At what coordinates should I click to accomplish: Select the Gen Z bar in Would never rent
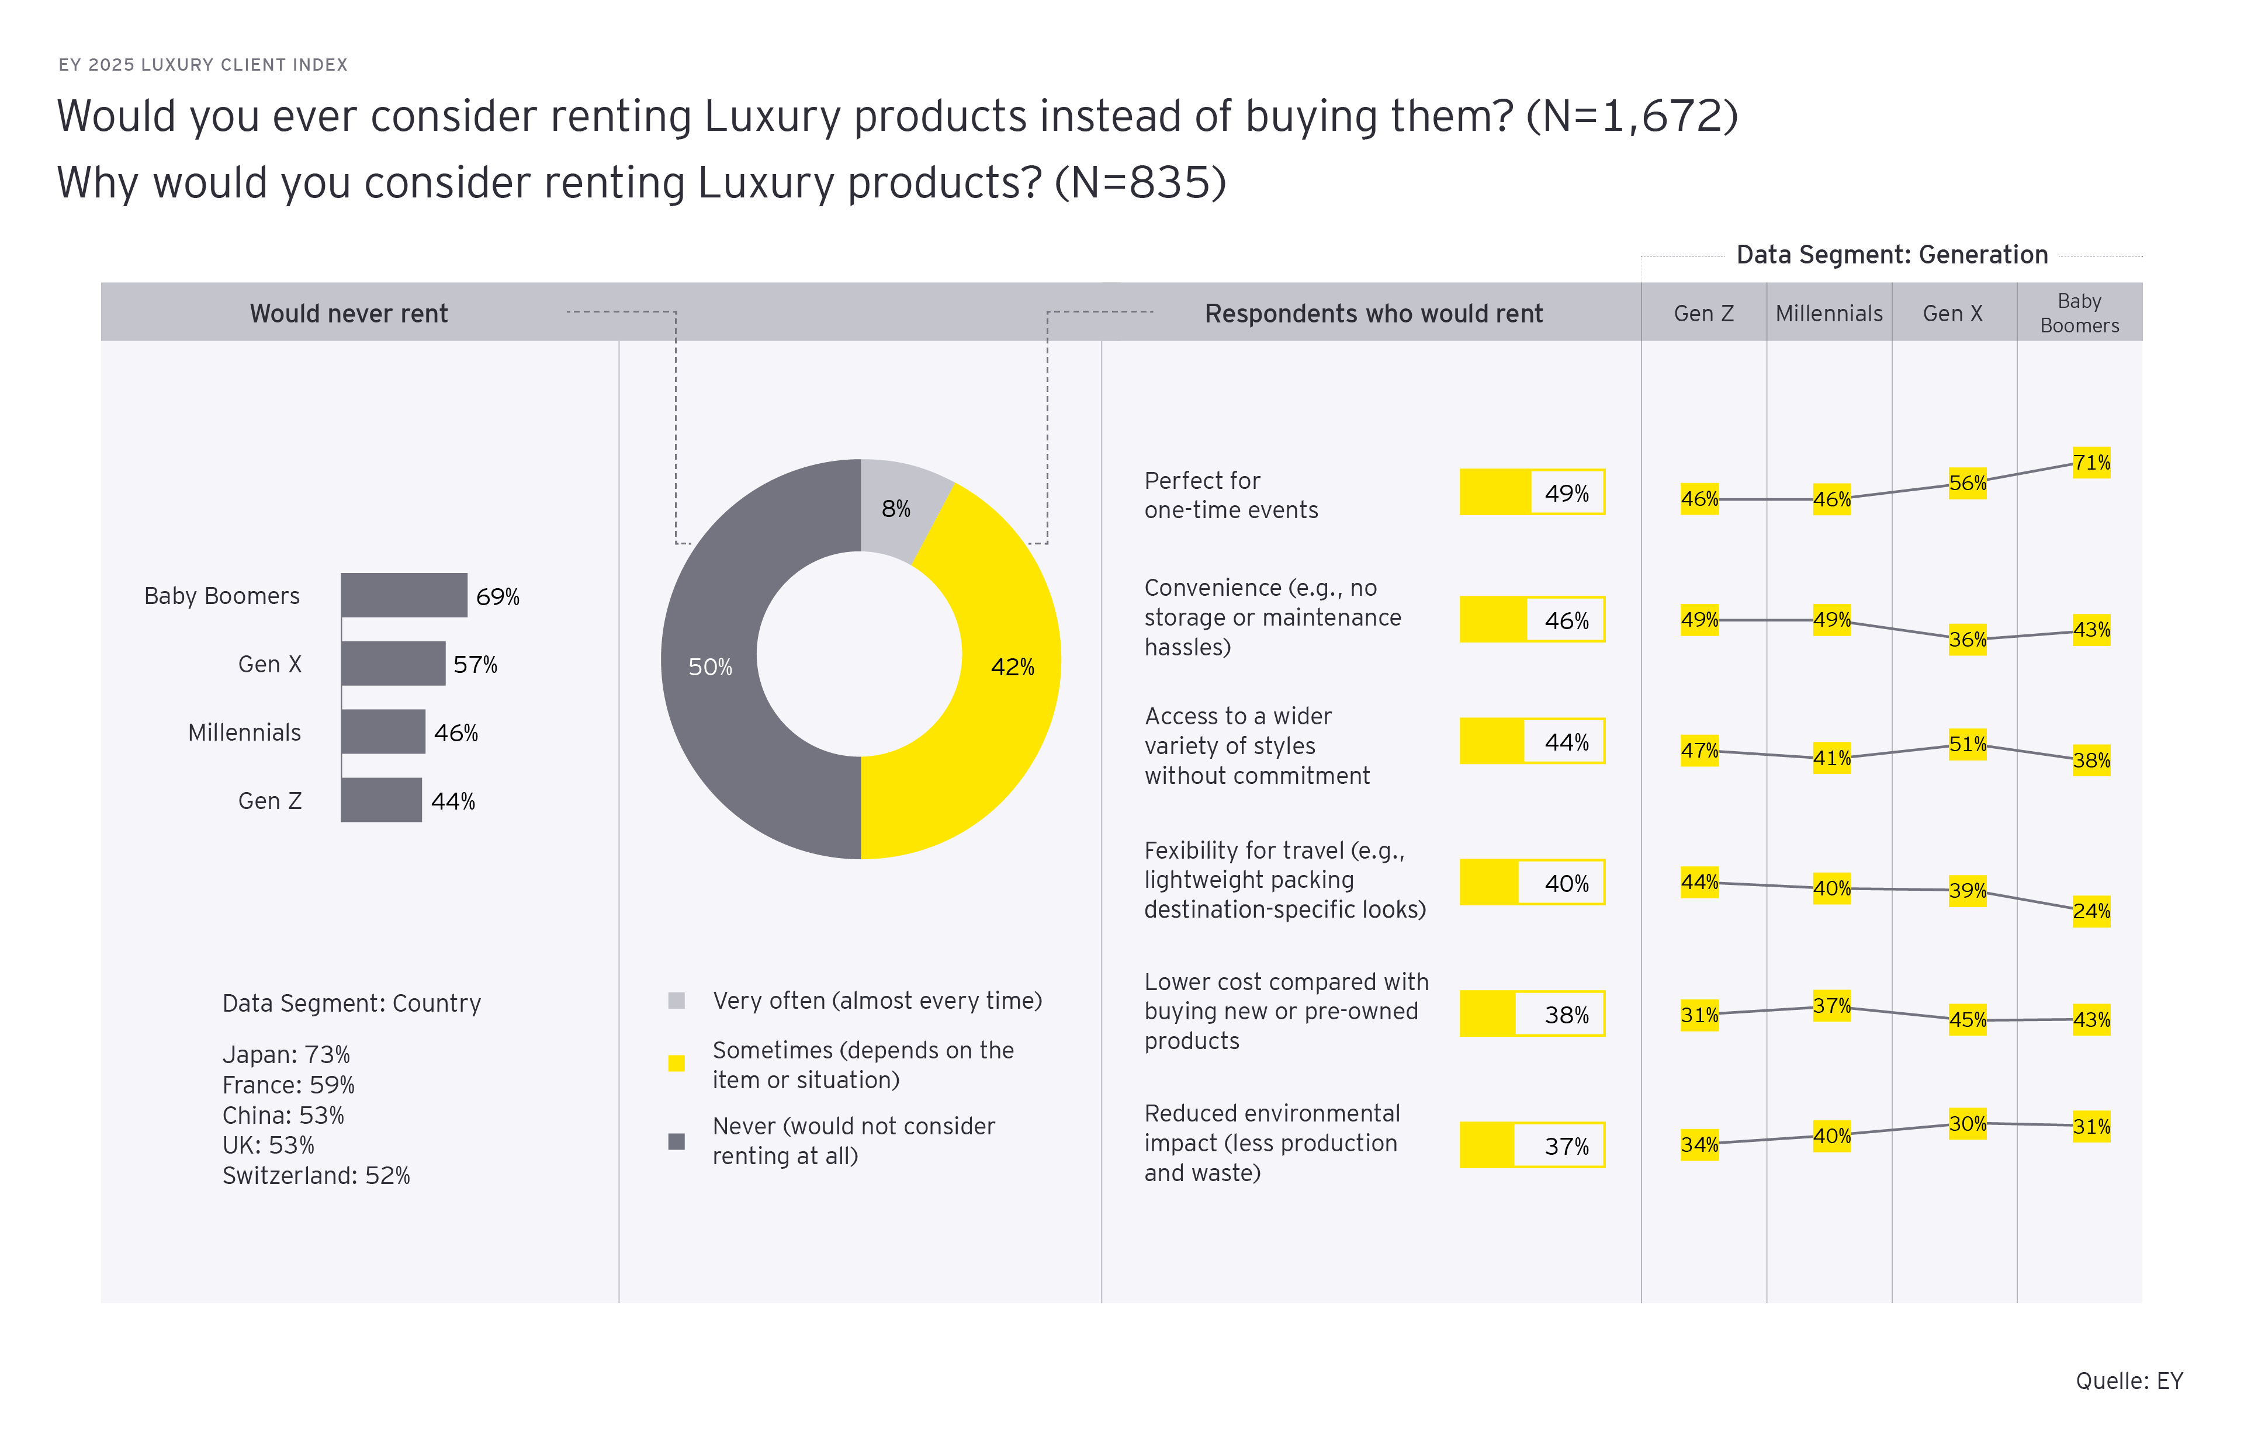pyautogui.click(x=381, y=800)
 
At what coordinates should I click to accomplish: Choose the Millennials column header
pyautogui.click(x=1829, y=313)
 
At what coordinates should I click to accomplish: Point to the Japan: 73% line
pyautogui.click(x=286, y=1054)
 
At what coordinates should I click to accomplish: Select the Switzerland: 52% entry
pyautogui.click(x=316, y=1175)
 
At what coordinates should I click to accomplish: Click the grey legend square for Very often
pyautogui.click(x=676, y=1001)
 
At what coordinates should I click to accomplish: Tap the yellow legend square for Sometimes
pyautogui.click(x=676, y=1064)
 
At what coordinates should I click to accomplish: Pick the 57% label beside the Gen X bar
pyautogui.click(x=475, y=665)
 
